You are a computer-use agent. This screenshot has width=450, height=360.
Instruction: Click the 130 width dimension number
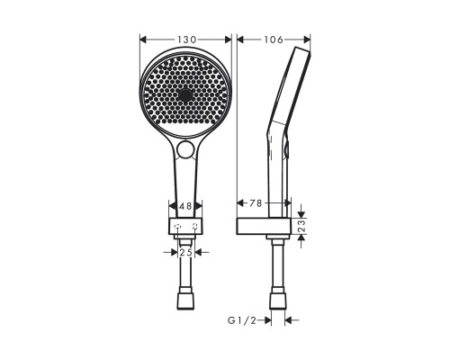[x=187, y=39]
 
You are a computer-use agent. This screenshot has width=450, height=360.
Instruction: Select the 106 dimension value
[x=273, y=39]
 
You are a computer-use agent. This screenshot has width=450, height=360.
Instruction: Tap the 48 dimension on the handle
[x=185, y=206]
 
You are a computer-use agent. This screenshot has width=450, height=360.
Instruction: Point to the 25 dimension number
[x=185, y=253]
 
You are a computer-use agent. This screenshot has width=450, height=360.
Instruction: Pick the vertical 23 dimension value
[x=302, y=228]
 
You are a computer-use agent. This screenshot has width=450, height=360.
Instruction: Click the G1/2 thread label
[x=243, y=319]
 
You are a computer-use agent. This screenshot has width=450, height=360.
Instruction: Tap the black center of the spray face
[x=186, y=94]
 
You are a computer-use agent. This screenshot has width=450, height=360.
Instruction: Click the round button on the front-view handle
[x=186, y=148]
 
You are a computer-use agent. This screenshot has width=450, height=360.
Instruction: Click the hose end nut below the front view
[x=186, y=300]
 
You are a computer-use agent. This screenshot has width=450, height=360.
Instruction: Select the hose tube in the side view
[x=273, y=265]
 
